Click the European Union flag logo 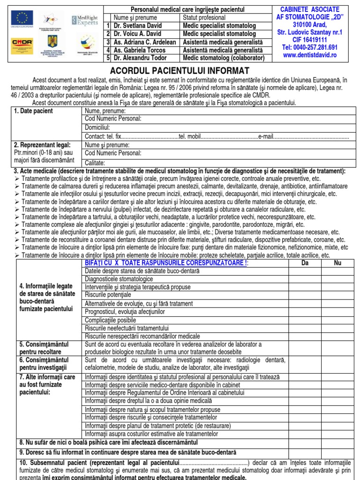(21, 19)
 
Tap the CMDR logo (22, 43)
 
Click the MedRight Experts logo (84, 20)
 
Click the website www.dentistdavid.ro (310, 55)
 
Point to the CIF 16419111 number (310, 40)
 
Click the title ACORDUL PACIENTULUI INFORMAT (180, 71)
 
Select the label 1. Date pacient (34, 111)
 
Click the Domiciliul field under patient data (216, 127)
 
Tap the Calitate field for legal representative (216, 163)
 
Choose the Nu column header (337, 263)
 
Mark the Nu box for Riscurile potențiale (337, 295)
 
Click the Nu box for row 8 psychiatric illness (337, 442)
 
